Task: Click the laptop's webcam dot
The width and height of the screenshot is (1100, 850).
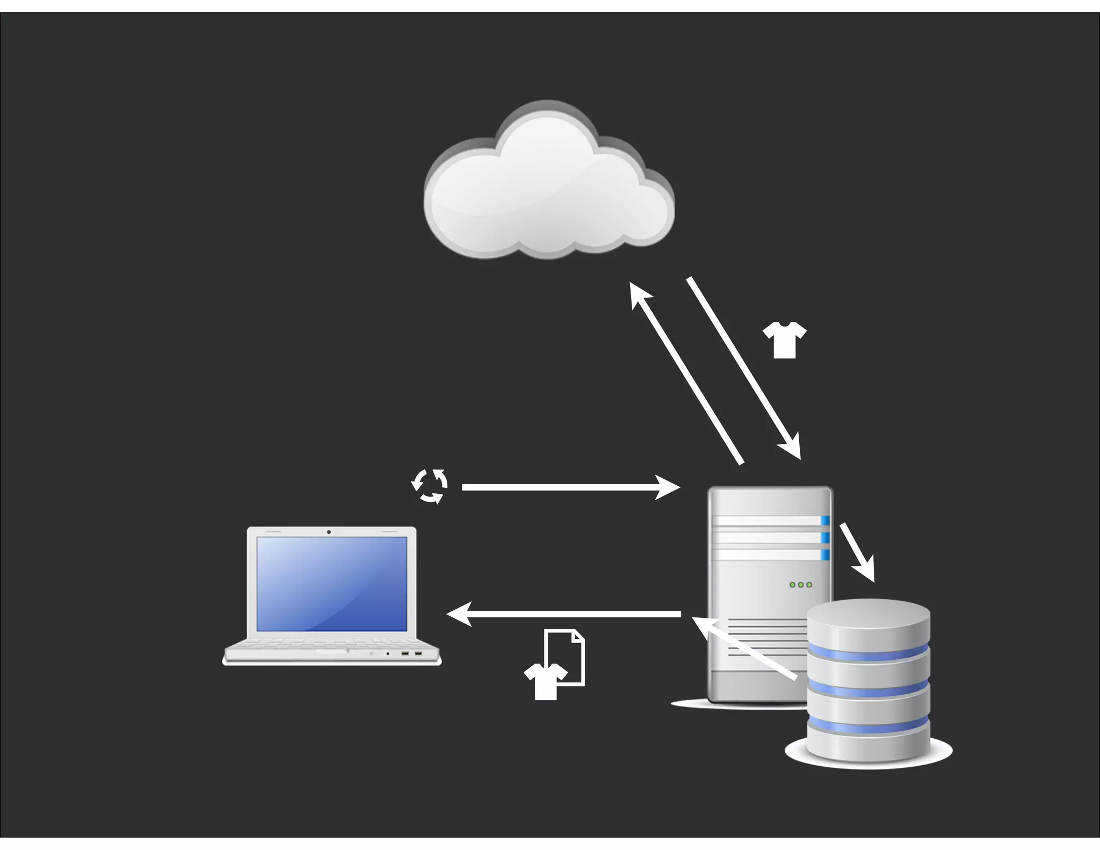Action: point(329,532)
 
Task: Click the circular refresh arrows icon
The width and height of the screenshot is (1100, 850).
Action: point(429,486)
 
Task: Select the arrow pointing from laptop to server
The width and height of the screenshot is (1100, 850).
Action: point(569,487)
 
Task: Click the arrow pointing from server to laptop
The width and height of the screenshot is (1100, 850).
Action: point(564,614)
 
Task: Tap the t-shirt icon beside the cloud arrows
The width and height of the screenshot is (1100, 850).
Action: point(784,340)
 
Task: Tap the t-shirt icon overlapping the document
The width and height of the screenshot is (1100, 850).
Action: point(544,681)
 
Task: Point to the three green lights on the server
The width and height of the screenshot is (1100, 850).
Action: point(800,585)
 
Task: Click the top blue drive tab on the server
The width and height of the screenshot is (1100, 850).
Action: point(825,520)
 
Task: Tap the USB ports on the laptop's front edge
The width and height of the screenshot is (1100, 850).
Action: point(411,653)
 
